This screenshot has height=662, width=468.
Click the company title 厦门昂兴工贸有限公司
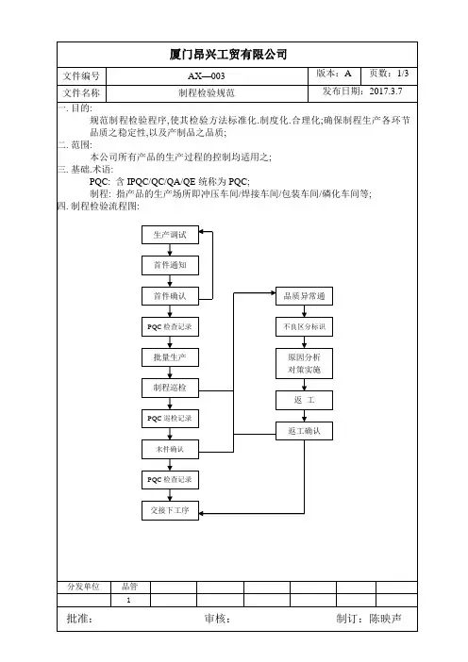point(228,55)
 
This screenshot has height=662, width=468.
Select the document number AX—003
point(206,76)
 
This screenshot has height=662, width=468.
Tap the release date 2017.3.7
point(386,91)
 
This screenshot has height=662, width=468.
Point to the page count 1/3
point(403,73)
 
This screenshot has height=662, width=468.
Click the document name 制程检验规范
point(206,92)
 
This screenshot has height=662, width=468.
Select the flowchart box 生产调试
point(170,235)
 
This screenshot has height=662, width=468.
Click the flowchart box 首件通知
point(170,265)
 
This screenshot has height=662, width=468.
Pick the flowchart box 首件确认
point(170,296)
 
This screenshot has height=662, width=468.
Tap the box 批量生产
point(170,357)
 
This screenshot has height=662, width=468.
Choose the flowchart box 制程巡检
point(170,388)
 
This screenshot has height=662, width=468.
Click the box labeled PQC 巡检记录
point(170,419)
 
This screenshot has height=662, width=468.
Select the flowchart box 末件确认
point(170,449)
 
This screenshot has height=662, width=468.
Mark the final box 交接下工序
point(170,510)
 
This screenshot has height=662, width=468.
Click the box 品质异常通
point(304,296)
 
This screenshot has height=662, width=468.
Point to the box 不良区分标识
point(304,327)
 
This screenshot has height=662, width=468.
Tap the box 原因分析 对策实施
point(304,363)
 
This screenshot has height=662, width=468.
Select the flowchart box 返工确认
point(304,431)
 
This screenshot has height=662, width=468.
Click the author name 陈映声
point(385,619)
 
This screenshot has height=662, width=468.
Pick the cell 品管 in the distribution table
point(129,587)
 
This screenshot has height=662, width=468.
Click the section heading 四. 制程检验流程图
point(98,206)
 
